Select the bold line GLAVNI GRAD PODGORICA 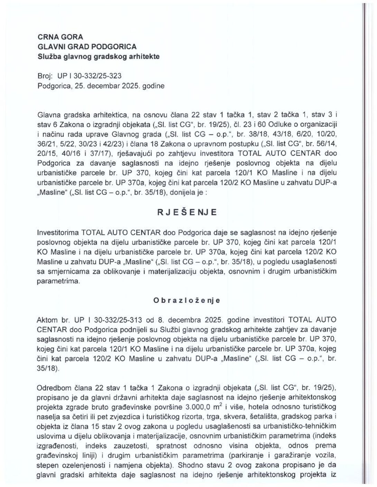pyautogui.click(x=87, y=46)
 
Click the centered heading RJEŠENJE pyautogui.click(x=187, y=212)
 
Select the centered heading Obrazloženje pyautogui.click(x=187, y=300)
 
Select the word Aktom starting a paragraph pyautogui.click(x=46, y=318)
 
